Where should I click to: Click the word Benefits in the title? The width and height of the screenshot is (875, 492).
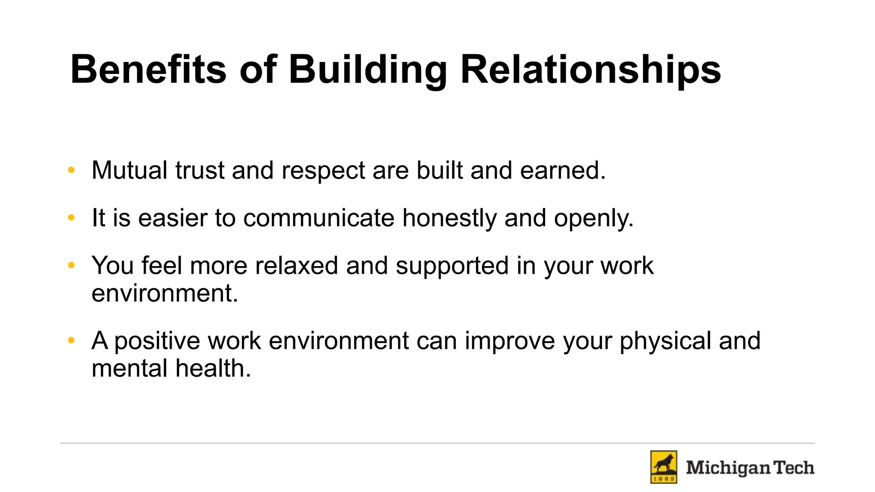[x=148, y=69]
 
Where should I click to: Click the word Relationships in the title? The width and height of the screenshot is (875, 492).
[x=590, y=69]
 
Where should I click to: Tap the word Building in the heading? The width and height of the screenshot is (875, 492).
[x=368, y=69]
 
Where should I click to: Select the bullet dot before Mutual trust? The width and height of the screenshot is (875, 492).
[x=71, y=170]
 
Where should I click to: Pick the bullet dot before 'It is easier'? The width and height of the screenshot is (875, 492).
[x=71, y=218]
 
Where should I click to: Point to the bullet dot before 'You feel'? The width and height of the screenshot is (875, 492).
[x=71, y=266]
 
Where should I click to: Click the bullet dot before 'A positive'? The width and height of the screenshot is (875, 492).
[x=71, y=341]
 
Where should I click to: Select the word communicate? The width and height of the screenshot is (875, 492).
[x=319, y=218]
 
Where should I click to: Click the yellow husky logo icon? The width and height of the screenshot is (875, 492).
[x=664, y=467]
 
